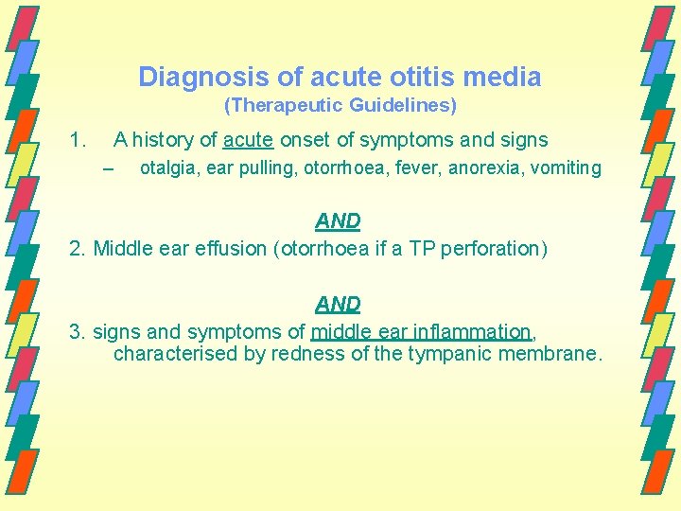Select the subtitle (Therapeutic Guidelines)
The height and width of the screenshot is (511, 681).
[x=340, y=106]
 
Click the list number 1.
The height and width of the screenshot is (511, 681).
[x=79, y=140]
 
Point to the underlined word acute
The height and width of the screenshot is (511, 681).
[x=249, y=140]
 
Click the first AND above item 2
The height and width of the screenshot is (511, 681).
[x=338, y=221]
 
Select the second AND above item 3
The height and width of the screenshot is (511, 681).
[x=338, y=305]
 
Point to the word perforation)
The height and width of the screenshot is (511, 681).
[x=492, y=248]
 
